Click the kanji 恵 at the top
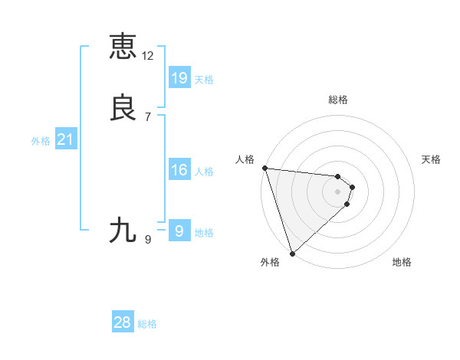[x=123, y=46]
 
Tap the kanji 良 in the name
[x=123, y=107]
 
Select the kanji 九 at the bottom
[x=123, y=230]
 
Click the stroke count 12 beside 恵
[x=148, y=56]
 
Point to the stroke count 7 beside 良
[x=148, y=117]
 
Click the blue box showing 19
[x=179, y=78]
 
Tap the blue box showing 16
[x=179, y=170]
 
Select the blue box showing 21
[x=66, y=140]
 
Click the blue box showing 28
[x=123, y=322]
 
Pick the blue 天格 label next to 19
[x=204, y=79]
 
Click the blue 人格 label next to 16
[x=204, y=172]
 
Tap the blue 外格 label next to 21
[x=41, y=141]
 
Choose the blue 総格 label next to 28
[x=147, y=324]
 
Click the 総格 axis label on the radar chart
[x=338, y=100]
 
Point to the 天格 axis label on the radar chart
[x=432, y=159]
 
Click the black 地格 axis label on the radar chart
[x=402, y=262]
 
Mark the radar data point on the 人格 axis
[x=264, y=168]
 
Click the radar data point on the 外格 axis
[x=292, y=253]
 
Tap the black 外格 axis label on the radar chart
[x=270, y=262]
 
